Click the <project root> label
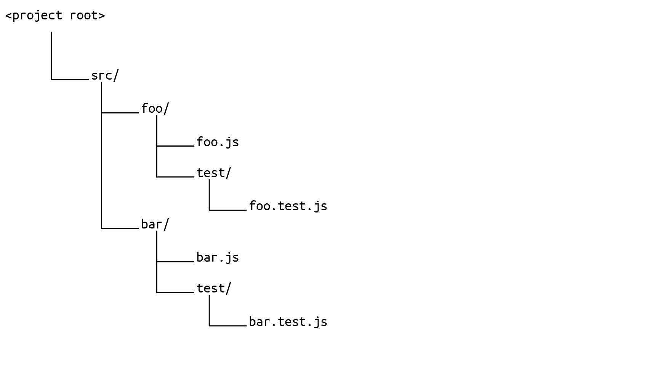pyautogui.click(x=55, y=16)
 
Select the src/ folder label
pyautogui.click(x=105, y=76)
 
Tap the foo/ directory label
pyautogui.click(x=155, y=109)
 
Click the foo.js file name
pyautogui.click(x=217, y=142)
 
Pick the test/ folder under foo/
pyautogui.click(x=213, y=173)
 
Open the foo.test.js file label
pyautogui.click(x=288, y=206)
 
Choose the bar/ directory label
pyautogui.click(x=155, y=224)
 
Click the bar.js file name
pyautogui.click(x=217, y=258)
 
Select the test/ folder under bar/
pyautogui.click(x=213, y=288)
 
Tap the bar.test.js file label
pyautogui.click(x=288, y=322)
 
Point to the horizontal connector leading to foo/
pyautogui.click(x=120, y=113)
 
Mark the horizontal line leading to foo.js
pyautogui.click(x=176, y=146)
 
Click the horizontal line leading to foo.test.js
pyautogui.click(x=228, y=210)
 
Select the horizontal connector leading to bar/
pyautogui.click(x=120, y=228)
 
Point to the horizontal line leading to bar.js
pyautogui.click(x=176, y=262)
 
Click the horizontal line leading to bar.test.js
pyautogui.click(x=228, y=326)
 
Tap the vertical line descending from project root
pyautogui.click(x=51, y=55)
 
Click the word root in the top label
pyautogui.click(x=87, y=16)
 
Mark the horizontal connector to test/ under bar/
pyautogui.click(x=176, y=292)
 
